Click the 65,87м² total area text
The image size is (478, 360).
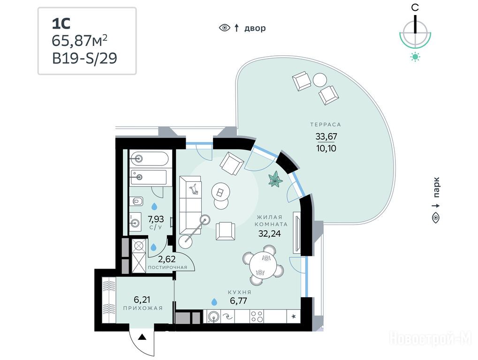click(80, 40)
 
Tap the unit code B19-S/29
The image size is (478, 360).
click(84, 58)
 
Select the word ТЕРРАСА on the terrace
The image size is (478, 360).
click(326, 125)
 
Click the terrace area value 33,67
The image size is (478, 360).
click(326, 136)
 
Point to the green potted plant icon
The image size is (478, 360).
click(275, 179)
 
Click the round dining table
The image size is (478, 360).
click(263, 265)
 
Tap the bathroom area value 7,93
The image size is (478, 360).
click(156, 219)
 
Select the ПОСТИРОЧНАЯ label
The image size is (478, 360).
click(167, 267)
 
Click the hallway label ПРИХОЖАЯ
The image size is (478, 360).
click(143, 308)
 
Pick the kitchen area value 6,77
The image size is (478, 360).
click(238, 301)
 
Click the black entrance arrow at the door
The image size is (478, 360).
click(142, 337)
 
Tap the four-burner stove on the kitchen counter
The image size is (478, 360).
click(257, 316)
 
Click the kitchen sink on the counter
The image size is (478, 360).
click(214, 316)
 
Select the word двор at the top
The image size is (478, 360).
click(255, 28)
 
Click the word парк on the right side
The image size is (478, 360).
click(436, 187)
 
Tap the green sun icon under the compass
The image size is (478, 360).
click(415, 57)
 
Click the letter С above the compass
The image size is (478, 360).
click(415, 7)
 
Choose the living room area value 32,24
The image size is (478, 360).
click(269, 233)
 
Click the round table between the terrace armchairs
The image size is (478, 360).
click(320, 80)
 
